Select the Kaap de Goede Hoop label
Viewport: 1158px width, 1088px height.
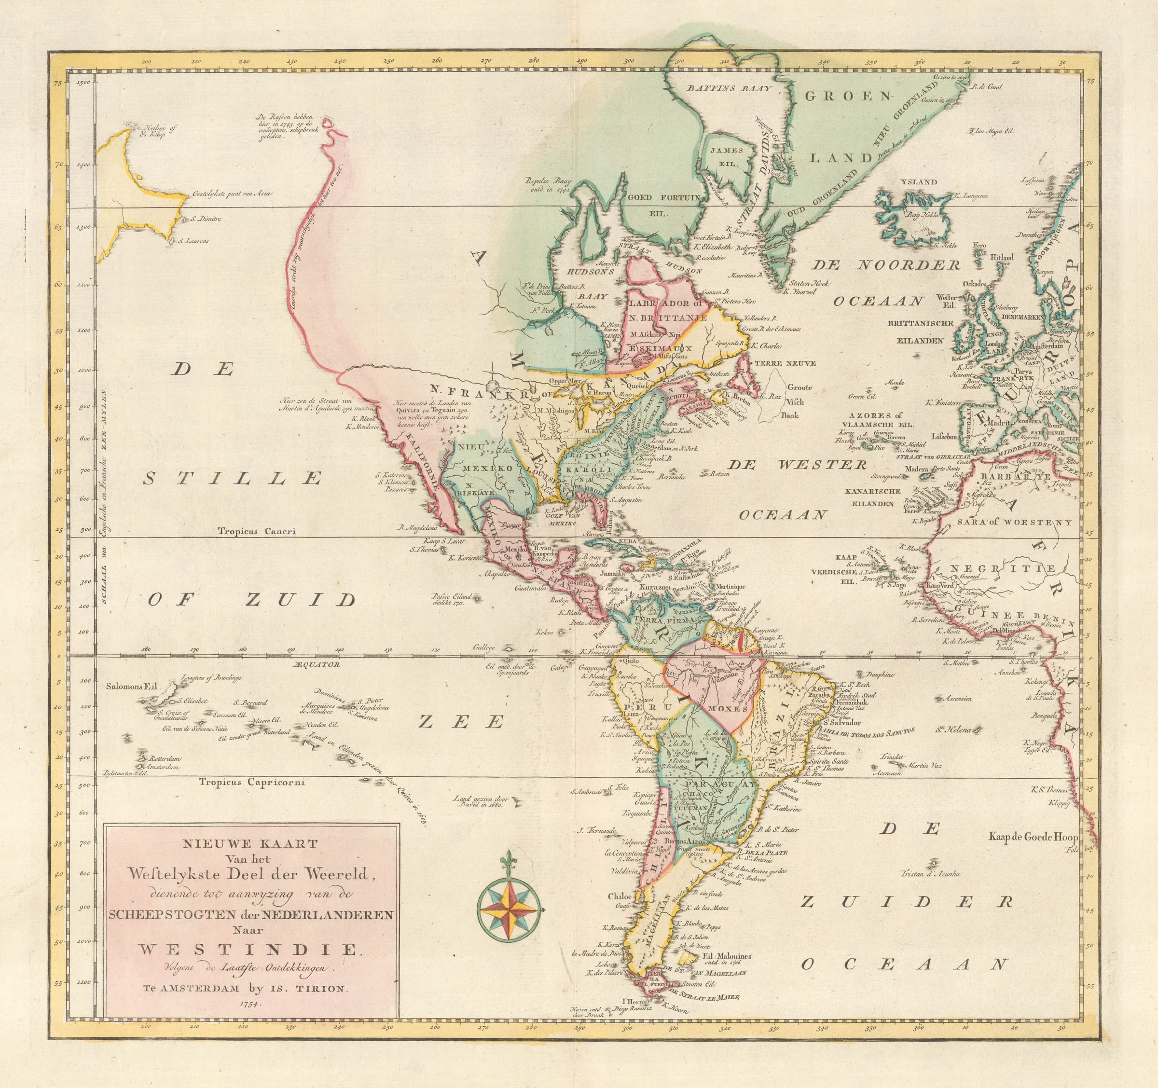[x=1033, y=837]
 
